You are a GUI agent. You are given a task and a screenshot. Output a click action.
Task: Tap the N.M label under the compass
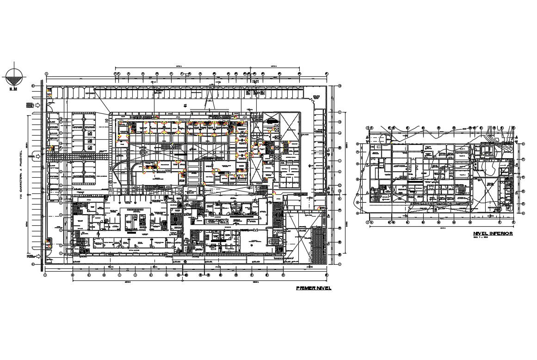13,89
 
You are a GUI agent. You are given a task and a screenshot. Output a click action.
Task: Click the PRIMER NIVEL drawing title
314,288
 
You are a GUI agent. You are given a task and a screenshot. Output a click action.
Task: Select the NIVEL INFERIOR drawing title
493,234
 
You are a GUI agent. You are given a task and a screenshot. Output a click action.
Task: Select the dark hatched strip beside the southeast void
318,245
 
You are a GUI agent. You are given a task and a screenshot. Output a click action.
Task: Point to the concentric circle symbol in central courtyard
143,151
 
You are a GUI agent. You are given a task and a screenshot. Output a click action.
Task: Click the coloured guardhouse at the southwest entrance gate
48,242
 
